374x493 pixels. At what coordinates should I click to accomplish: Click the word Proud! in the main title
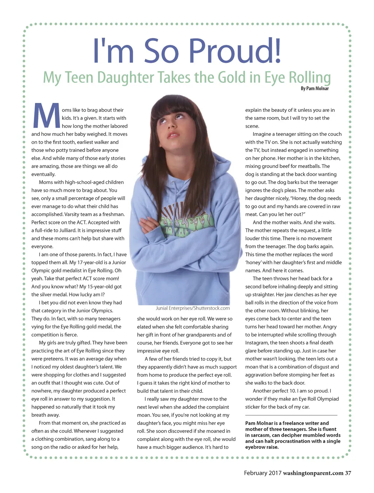click(x=235, y=51)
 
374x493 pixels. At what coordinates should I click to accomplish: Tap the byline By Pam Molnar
click(x=314, y=88)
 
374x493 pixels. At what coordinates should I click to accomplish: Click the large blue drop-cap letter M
click(x=46, y=116)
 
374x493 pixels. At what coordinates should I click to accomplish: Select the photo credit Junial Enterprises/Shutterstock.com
click(x=192, y=308)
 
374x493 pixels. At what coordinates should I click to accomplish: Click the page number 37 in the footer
click(x=348, y=473)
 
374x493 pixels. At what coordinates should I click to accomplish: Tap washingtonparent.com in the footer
click(x=313, y=473)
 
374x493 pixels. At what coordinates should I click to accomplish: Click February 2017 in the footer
click(x=263, y=473)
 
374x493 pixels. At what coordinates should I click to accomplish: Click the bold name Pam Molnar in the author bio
click(x=259, y=423)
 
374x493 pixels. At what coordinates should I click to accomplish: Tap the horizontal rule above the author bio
click(x=291, y=415)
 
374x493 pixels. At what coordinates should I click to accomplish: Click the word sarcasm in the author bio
click(x=261, y=435)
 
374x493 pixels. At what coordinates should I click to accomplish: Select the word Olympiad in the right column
click(x=325, y=399)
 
